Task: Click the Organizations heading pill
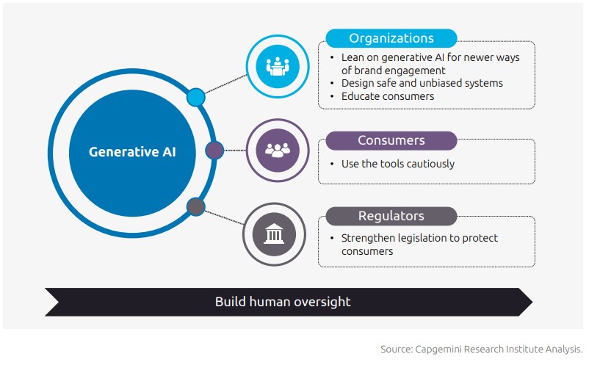click(391, 38)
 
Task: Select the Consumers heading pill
click(391, 140)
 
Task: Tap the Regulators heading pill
click(391, 216)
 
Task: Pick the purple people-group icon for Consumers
click(277, 150)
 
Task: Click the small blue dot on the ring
click(195, 97)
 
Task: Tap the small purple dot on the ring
click(214, 151)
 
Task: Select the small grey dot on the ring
click(195, 206)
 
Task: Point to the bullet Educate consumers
click(387, 96)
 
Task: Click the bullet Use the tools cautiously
click(397, 164)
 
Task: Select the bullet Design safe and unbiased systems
click(422, 83)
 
